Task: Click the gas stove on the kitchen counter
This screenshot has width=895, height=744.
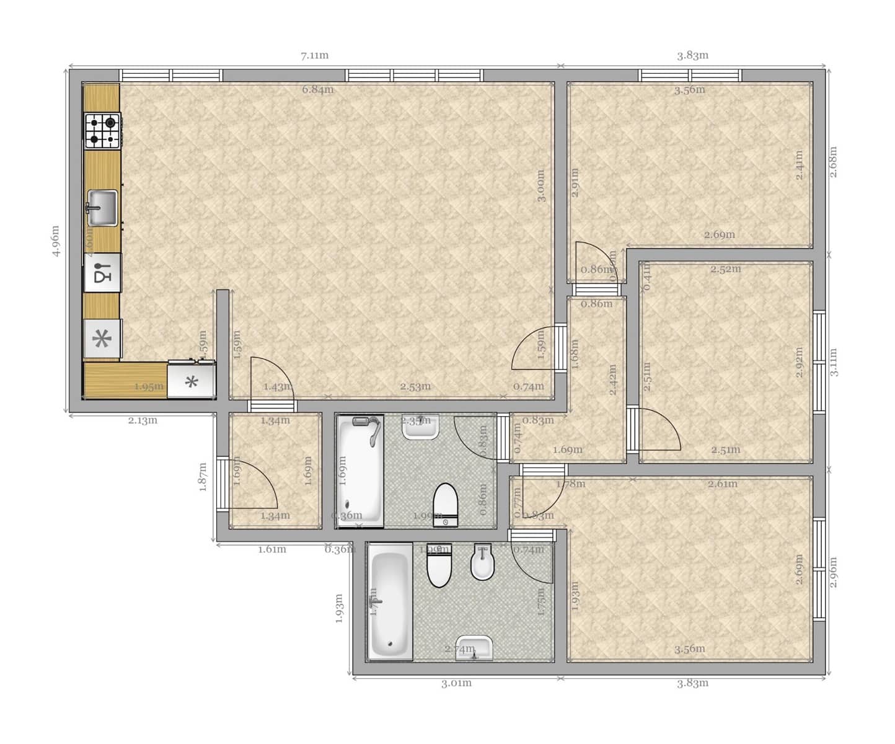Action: point(103,131)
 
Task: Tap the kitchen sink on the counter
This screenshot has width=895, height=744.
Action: point(102,208)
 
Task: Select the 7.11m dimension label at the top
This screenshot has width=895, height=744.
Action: point(315,56)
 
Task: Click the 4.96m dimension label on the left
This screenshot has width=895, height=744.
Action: point(56,241)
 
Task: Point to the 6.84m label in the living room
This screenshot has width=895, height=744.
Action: point(318,90)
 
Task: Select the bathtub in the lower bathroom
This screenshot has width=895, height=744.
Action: point(390,601)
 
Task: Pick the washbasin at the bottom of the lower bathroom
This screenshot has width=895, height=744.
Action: point(474,648)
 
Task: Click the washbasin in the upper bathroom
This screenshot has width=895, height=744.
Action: point(421,427)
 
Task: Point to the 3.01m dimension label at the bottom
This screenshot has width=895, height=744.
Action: point(456,683)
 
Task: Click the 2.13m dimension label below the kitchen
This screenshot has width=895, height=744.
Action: point(143,420)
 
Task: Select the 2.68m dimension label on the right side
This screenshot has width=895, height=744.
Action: point(834,161)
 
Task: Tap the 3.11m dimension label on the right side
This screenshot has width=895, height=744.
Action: point(834,362)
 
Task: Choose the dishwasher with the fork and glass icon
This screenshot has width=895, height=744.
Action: point(103,273)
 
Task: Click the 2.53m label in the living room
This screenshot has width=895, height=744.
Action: point(415,387)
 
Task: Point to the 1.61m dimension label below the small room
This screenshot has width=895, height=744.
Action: point(272,549)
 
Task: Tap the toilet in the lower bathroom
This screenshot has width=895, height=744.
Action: point(440,566)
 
